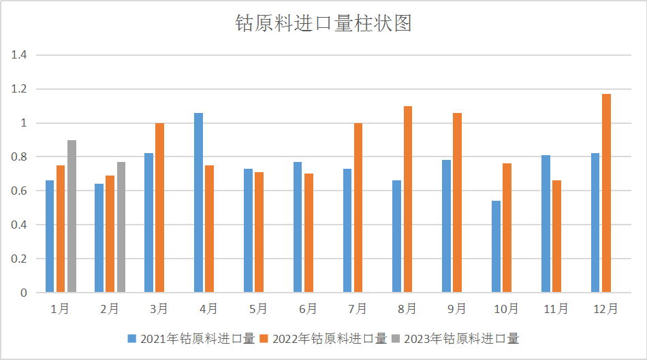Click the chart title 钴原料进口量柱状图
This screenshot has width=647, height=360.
point(323,24)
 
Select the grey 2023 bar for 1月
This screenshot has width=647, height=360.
point(72,216)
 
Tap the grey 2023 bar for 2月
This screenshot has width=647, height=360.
point(121,227)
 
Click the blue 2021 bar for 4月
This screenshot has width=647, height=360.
point(198,203)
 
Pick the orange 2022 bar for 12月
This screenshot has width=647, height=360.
point(606,193)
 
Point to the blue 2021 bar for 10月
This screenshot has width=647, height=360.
point(496,247)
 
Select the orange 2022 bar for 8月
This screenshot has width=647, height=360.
point(408,199)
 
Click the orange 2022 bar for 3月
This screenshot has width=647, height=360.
point(160,208)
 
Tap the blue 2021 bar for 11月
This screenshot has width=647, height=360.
point(546,224)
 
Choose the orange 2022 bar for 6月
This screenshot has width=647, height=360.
point(309,233)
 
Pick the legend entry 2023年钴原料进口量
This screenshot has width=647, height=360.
point(456,338)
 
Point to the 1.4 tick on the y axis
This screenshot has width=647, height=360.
point(18,55)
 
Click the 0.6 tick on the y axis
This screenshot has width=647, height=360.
point(18,191)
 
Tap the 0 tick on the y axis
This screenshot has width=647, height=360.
point(23,293)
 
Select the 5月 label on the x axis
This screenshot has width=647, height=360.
point(258,309)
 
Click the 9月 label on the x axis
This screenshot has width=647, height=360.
point(456,309)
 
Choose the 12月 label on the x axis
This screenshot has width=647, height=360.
point(605,309)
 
